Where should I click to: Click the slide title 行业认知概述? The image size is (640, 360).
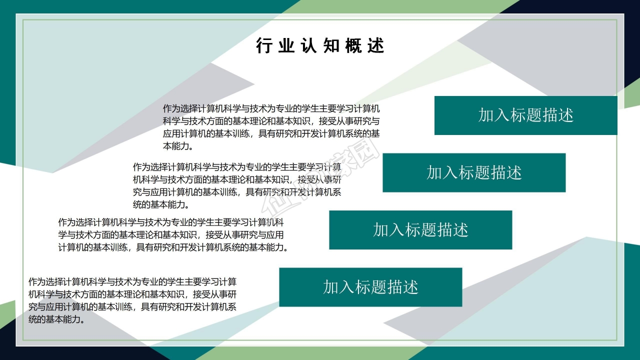[x=320, y=45]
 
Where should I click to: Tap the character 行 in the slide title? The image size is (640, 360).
[x=263, y=45]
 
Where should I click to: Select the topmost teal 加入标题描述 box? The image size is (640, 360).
[x=525, y=115]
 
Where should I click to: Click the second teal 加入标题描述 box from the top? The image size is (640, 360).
[x=474, y=172]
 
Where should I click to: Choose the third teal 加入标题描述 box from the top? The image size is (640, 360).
[x=420, y=230]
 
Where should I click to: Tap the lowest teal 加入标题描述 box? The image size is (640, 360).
[x=370, y=287]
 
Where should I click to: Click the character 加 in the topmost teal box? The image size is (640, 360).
[x=486, y=115]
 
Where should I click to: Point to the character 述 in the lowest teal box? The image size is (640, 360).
[x=410, y=287]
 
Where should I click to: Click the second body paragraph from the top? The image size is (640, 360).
[x=237, y=185]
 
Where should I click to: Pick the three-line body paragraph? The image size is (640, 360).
[x=172, y=234]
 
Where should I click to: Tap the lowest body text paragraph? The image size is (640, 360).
[x=133, y=300]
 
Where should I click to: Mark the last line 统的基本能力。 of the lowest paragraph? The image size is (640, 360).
[x=56, y=319]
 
